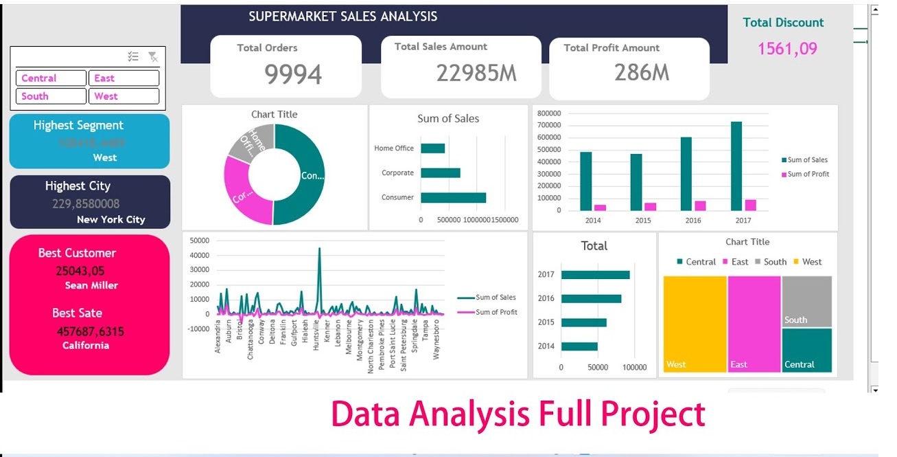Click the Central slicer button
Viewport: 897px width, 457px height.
50,78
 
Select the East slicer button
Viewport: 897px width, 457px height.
123,78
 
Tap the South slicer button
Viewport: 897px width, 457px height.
50,96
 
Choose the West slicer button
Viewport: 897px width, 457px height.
123,96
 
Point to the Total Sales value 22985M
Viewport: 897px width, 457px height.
476,73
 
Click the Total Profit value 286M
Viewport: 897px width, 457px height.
641,72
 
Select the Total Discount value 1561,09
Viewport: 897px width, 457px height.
787,49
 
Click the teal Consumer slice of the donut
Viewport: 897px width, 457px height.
306,175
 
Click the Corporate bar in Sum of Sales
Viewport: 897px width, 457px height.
440,173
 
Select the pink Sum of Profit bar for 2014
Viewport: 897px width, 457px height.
600,207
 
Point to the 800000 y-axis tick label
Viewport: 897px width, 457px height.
548,113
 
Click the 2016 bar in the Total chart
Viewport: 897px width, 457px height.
591,299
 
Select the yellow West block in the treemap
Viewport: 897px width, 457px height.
695,323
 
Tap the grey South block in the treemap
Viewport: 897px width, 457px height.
806,301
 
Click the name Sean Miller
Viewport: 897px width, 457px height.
91,285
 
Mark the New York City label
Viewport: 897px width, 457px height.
110,220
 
